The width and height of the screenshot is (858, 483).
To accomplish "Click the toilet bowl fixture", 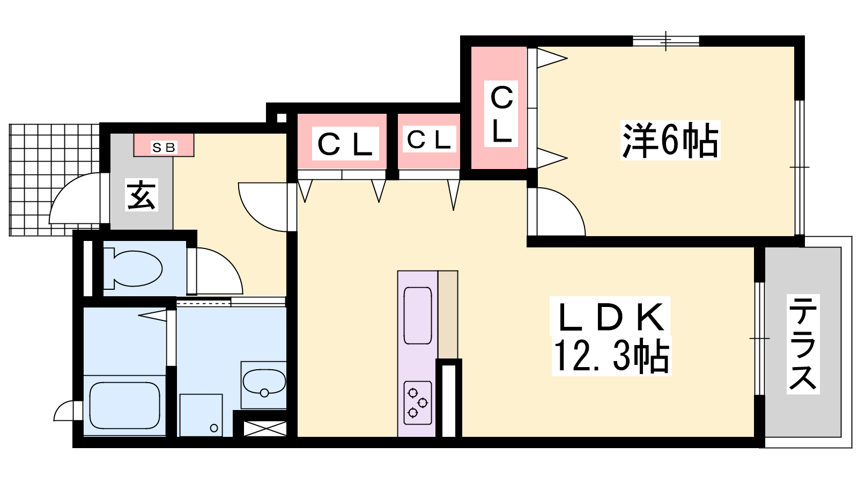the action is click(134, 268).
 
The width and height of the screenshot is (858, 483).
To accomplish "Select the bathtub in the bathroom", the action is click(125, 405).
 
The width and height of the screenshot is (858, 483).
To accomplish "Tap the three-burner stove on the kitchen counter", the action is click(418, 402).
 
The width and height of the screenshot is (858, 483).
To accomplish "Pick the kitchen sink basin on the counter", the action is click(418, 316).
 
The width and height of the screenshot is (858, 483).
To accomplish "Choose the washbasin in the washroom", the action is click(264, 382).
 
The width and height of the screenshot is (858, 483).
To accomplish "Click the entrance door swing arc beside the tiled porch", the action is click(75, 198).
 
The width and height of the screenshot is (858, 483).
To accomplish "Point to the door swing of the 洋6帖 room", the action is click(561, 211).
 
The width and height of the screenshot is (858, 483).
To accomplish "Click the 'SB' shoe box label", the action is click(164, 147).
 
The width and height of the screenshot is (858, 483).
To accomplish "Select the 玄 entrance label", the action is click(142, 195).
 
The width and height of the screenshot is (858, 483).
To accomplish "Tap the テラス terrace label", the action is click(803, 344).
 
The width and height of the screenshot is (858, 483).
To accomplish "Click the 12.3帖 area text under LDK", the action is click(612, 356).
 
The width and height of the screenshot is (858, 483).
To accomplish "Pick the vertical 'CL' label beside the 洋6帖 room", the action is click(501, 114).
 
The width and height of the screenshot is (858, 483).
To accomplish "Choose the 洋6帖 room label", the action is click(670, 140).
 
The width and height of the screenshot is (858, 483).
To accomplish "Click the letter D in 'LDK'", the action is click(612, 317).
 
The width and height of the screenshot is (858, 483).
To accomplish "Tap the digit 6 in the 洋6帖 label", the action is click(669, 141).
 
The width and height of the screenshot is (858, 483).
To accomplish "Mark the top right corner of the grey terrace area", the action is click(841, 247).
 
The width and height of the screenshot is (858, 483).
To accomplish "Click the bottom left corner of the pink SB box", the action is click(134, 156).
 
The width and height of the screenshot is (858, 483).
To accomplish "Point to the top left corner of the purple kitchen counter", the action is click(397, 271).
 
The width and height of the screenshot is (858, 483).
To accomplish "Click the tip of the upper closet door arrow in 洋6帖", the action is click(567, 58).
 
